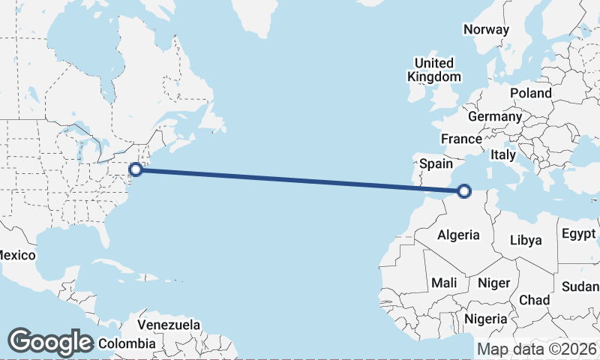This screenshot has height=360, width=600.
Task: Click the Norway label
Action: [x=486, y=29]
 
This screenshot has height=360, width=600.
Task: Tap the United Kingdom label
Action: [x=434, y=70]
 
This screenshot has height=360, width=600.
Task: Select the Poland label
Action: [x=530, y=93]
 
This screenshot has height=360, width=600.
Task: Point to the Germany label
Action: [x=494, y=117]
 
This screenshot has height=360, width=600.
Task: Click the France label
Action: [x=461, y=139]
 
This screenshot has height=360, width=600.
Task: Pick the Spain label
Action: [x=436, y=163]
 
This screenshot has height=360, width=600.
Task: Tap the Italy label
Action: [x=502, y=154]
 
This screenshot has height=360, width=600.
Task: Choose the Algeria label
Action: [x=458, y=235]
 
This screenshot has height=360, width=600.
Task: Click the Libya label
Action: [x=525, y=240]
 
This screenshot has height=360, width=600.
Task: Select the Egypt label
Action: [x=577, y=233]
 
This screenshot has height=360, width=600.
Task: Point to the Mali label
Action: [x=444, y=283]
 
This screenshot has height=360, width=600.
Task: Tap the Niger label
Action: [x=493, y=283]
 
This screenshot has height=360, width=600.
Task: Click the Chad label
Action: [x=534, y=300]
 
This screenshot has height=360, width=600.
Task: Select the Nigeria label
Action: [x=486, y=319]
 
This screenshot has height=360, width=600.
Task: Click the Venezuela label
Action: [x=169, y=325]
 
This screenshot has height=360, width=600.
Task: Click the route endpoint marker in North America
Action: [x=136, y=169]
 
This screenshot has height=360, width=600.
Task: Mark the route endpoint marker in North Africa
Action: [x=464, y=191]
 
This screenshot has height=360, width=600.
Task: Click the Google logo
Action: [x=50, y=342]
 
